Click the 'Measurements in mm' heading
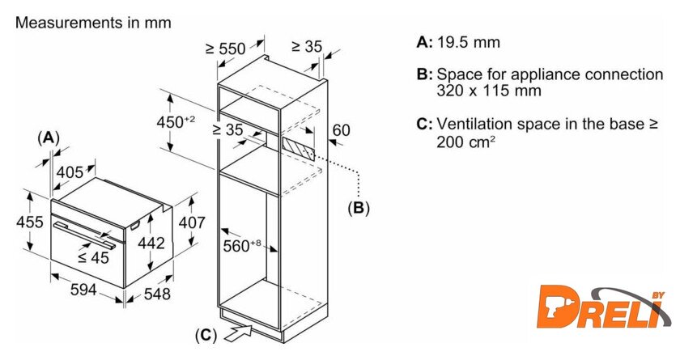[93, 23]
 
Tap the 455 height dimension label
[30, 222]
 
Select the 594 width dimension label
[83, 290]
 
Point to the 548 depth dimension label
[157, 294]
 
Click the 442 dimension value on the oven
[151, 243]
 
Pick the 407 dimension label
[192, 222]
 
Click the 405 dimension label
[70, 172]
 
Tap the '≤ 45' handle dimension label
[93, 258]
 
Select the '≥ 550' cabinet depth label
[226, 49]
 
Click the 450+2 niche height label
[176, 121]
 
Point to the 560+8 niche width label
[242, 246]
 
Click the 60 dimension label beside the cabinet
[341, 130]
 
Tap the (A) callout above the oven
[48, 138]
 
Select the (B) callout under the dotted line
[358, 208]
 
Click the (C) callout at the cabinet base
[206, 335]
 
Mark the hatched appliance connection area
[298, 150]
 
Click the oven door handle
[84, 235]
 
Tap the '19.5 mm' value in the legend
[469, 42]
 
